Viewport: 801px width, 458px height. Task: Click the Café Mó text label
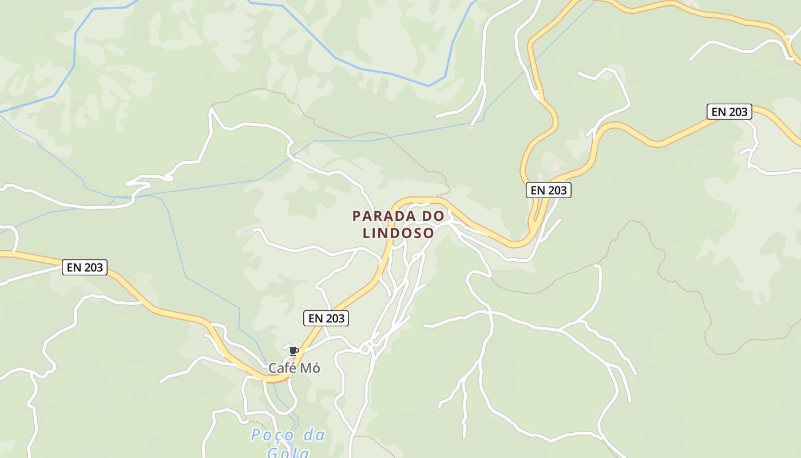[294, 368]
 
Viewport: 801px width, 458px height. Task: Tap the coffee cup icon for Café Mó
[294, 351]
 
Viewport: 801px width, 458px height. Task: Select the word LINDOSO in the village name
[398, 233]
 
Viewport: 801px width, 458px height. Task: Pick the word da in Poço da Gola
[314, 436]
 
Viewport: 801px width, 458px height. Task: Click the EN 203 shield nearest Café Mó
[326, 318]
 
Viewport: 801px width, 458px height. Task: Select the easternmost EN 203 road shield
[729, 112]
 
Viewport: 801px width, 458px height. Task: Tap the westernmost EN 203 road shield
[85, 267]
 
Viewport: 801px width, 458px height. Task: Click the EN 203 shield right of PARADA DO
[548, 190]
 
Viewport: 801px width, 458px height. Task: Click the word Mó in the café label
[312, 368]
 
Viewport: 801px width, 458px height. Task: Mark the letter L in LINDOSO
[367, 233]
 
